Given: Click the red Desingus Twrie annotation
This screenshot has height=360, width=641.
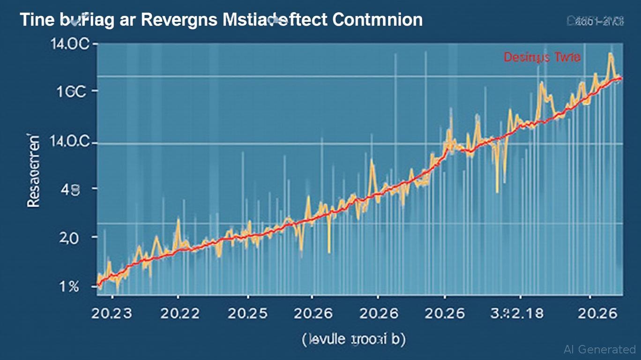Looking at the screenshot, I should coord(542,57).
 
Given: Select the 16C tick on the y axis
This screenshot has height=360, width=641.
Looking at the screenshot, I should coord(71,91).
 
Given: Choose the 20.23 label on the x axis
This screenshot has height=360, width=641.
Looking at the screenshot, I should coord(112,313).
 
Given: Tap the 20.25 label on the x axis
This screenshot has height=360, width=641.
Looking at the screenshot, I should coord(247,313).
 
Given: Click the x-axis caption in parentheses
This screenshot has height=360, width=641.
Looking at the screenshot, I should coord(353,339).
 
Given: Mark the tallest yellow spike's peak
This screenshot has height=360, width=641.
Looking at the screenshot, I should coord(611,54).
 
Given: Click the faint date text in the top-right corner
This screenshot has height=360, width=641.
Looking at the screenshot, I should coord(595,21).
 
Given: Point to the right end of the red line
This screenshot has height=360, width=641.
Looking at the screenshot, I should coord(621,78).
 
